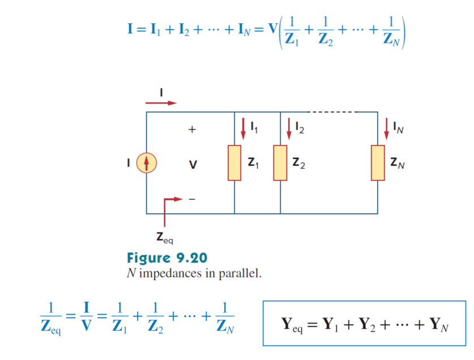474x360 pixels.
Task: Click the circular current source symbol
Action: (147, 163)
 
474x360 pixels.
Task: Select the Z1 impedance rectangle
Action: (234, 162)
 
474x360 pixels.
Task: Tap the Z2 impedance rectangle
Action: (280, 162)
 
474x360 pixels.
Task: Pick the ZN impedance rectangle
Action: (378, 162)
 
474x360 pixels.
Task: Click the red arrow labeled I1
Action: (244, 128)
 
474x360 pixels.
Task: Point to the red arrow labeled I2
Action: (289, 128)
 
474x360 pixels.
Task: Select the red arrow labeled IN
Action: (387, 128)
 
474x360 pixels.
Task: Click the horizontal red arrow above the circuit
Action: (161, 103)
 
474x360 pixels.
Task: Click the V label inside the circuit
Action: (193, 165)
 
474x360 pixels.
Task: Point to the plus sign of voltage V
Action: (192, 130)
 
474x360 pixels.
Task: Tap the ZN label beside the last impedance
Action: (398, 164)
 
